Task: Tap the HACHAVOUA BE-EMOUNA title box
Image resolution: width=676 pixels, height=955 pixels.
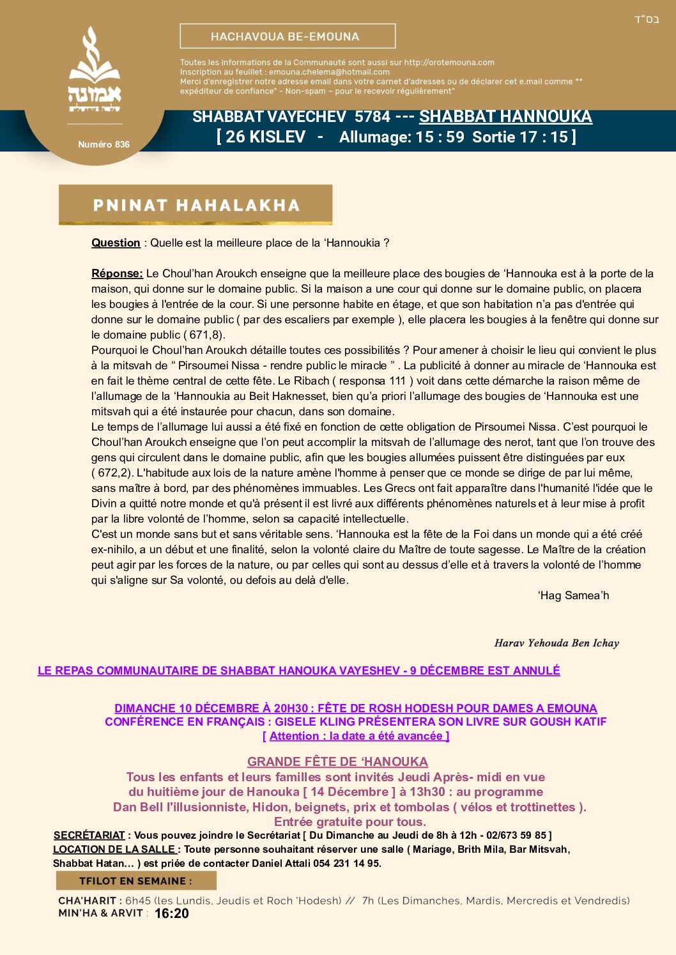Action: point(288,36)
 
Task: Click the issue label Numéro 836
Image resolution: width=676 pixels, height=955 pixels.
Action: point(104,144)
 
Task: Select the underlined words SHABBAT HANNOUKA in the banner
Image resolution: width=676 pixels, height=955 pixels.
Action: point(505,117)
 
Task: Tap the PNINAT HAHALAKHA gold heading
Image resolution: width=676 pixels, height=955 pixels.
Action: point(196,205)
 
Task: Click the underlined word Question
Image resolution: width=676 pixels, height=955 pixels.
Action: point(116,243)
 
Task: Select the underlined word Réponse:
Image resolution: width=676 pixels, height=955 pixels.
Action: point(117,273)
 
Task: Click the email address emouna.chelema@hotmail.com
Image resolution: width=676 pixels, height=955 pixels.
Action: point(329,72)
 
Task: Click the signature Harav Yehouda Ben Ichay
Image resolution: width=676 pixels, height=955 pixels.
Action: point(557,643)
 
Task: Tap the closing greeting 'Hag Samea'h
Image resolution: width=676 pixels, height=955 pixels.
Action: point(573,595)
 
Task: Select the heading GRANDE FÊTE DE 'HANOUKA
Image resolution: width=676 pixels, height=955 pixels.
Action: point(337,761)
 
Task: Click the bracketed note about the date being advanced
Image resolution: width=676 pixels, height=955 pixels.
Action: point(356,736)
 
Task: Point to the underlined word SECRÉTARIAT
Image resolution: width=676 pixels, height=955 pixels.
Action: point(89,836)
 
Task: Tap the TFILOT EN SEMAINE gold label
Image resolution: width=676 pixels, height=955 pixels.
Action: point(135,881)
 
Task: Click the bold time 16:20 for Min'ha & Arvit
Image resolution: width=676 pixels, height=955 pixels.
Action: point(171,913)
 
